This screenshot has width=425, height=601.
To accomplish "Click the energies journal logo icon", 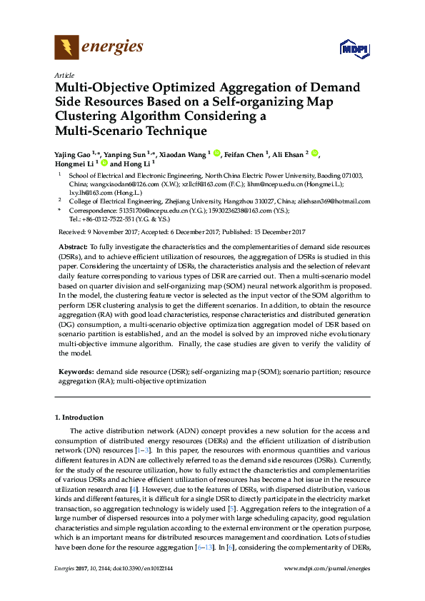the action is click(66, 48).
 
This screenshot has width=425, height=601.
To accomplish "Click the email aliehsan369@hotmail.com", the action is click(335, 201).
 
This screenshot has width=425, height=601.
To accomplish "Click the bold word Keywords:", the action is click(76, 372).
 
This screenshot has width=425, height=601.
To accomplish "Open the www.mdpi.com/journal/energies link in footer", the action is click(326, 569).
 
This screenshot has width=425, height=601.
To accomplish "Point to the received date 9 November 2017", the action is click(115, 232).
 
